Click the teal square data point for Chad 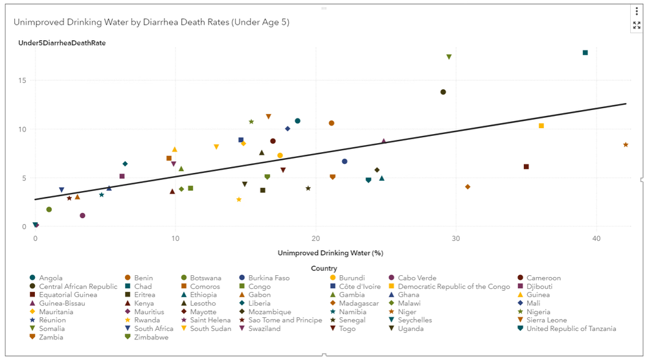pyautogui.click(x=585, y=52)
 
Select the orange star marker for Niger pyautogui.click(x=626, y=144)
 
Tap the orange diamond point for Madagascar pyautogui.click(x=468, y=186)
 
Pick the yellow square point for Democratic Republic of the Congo pyautogui.click(x=541, y=126)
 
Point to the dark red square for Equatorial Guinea pyautogui.click(x=526, y=166)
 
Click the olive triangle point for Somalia pyautogui.click(x=449, y=57)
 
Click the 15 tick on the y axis pyautogui.click(x=23, y=81)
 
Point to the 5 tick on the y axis pyautogui.click(x=25, y=178)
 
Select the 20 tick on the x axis pyautogui.click(x=315, y=240)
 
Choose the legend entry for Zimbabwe pyautogui.click(x=150, y=337)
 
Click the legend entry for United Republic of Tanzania pyautogui.click(x=571, y=329)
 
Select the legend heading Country pyautogui.click(x=324, y=268)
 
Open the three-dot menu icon pyautogui.click(x=637, y=11)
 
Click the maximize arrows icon pyautogui.click(x=637, y=25)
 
